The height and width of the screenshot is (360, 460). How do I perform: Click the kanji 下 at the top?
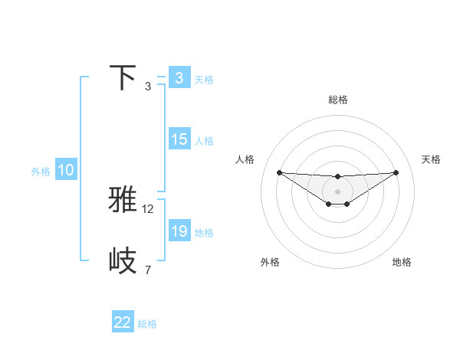[x=123, y=78]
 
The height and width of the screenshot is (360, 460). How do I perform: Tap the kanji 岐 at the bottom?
[x=123, y=260]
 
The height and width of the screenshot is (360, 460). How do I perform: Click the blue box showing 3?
[x=179, y=78]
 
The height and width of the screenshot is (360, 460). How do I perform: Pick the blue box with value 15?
[x=179, y=140]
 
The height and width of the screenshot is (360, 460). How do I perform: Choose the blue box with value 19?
[x=179, y=231]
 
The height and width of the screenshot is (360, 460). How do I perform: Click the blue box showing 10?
[x=66, y=171]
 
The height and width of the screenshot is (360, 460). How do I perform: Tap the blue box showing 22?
[x=123, y=322]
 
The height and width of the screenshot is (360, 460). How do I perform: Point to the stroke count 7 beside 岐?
[x=147, y=270]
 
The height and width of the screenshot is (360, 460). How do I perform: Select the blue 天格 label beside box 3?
[x=204, y=79]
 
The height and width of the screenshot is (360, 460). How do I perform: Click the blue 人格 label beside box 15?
[x=204, y=141]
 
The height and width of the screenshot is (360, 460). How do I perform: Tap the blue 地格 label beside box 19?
[x=204, y=232]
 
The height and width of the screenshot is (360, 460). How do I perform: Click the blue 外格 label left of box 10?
[x=41, y=172]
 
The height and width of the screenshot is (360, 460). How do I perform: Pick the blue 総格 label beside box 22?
[x=147, y=324]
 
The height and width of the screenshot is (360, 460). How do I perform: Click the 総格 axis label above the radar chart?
[x=337, y=100]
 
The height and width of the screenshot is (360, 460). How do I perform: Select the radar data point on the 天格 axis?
[x=396, y=172]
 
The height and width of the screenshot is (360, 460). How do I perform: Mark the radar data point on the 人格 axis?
[x=279, y=172]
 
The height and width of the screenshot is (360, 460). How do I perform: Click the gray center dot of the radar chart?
[x=337, y=191]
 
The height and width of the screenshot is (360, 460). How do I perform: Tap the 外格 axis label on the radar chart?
[x=270, y=262]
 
